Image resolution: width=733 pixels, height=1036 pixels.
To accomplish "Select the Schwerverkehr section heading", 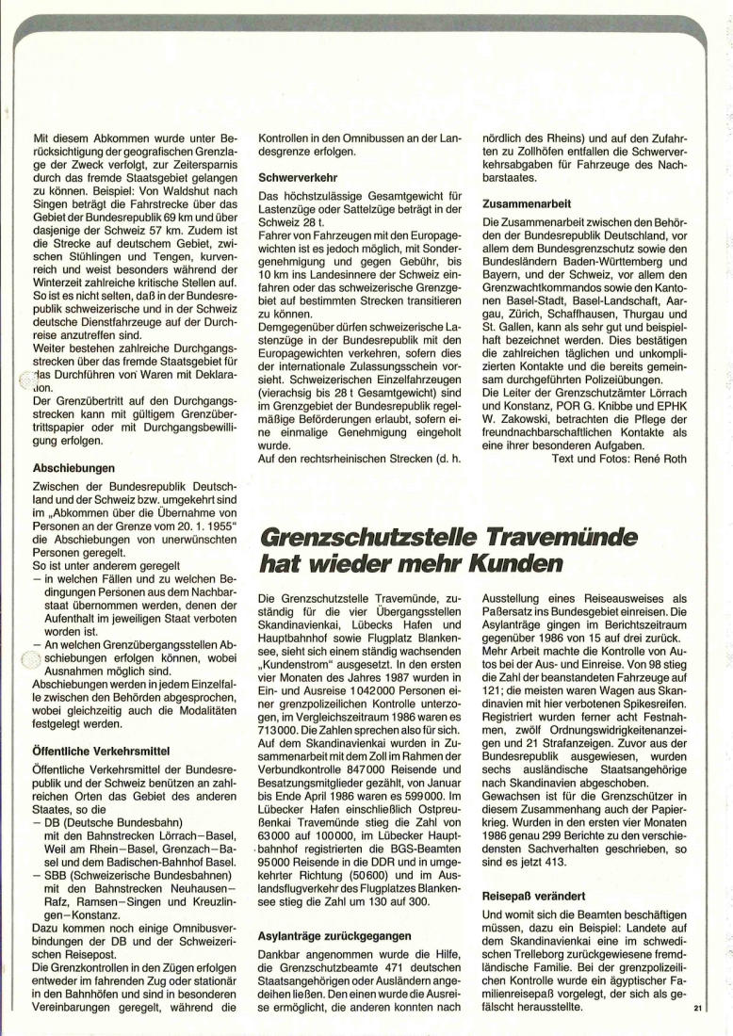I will click(299, 175).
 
